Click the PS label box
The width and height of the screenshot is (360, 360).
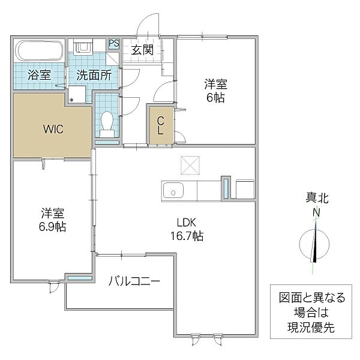pyautogui.click(x=114, y=44)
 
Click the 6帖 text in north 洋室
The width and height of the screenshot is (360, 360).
pyautogui.click(x=217, y=98)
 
